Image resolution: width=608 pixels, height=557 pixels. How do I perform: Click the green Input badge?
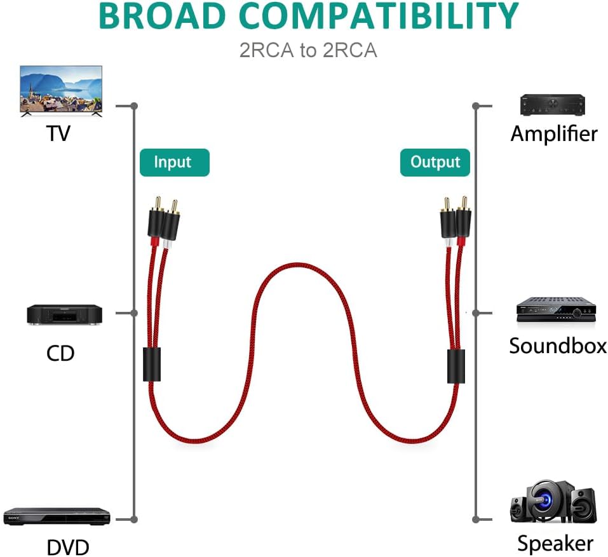point(175,163)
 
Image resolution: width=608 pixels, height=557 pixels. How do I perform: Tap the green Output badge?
point(435,163)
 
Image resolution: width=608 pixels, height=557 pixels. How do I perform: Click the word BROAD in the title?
point(162,16)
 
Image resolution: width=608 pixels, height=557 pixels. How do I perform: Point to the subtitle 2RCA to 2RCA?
point(308,50)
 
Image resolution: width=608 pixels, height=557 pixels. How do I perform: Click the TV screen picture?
point(61,91)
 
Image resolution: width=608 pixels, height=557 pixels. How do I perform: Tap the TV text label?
point(58,133)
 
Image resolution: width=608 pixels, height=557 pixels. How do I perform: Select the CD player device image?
point(64,315)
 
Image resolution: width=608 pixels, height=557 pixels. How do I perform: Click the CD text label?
point(60,353)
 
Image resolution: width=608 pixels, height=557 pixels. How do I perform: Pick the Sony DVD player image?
point(57,516)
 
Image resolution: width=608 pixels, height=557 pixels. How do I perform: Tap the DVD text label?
point(68,547)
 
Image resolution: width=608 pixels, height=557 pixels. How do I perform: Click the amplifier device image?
point(553,105)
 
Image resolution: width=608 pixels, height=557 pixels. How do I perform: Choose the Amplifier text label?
point(554,134)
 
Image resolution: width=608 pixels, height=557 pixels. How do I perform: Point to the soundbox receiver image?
point(556,310)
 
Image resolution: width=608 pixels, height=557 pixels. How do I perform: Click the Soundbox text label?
point(558,346)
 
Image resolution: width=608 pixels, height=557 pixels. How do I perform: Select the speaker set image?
point(553,502)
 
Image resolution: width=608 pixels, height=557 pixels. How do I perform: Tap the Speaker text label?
point(555,544)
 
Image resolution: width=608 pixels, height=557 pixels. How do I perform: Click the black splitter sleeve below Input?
point(152,365)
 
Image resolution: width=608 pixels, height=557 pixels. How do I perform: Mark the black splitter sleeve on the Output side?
point(456,366)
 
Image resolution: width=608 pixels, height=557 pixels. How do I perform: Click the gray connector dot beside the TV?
point(134,106)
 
